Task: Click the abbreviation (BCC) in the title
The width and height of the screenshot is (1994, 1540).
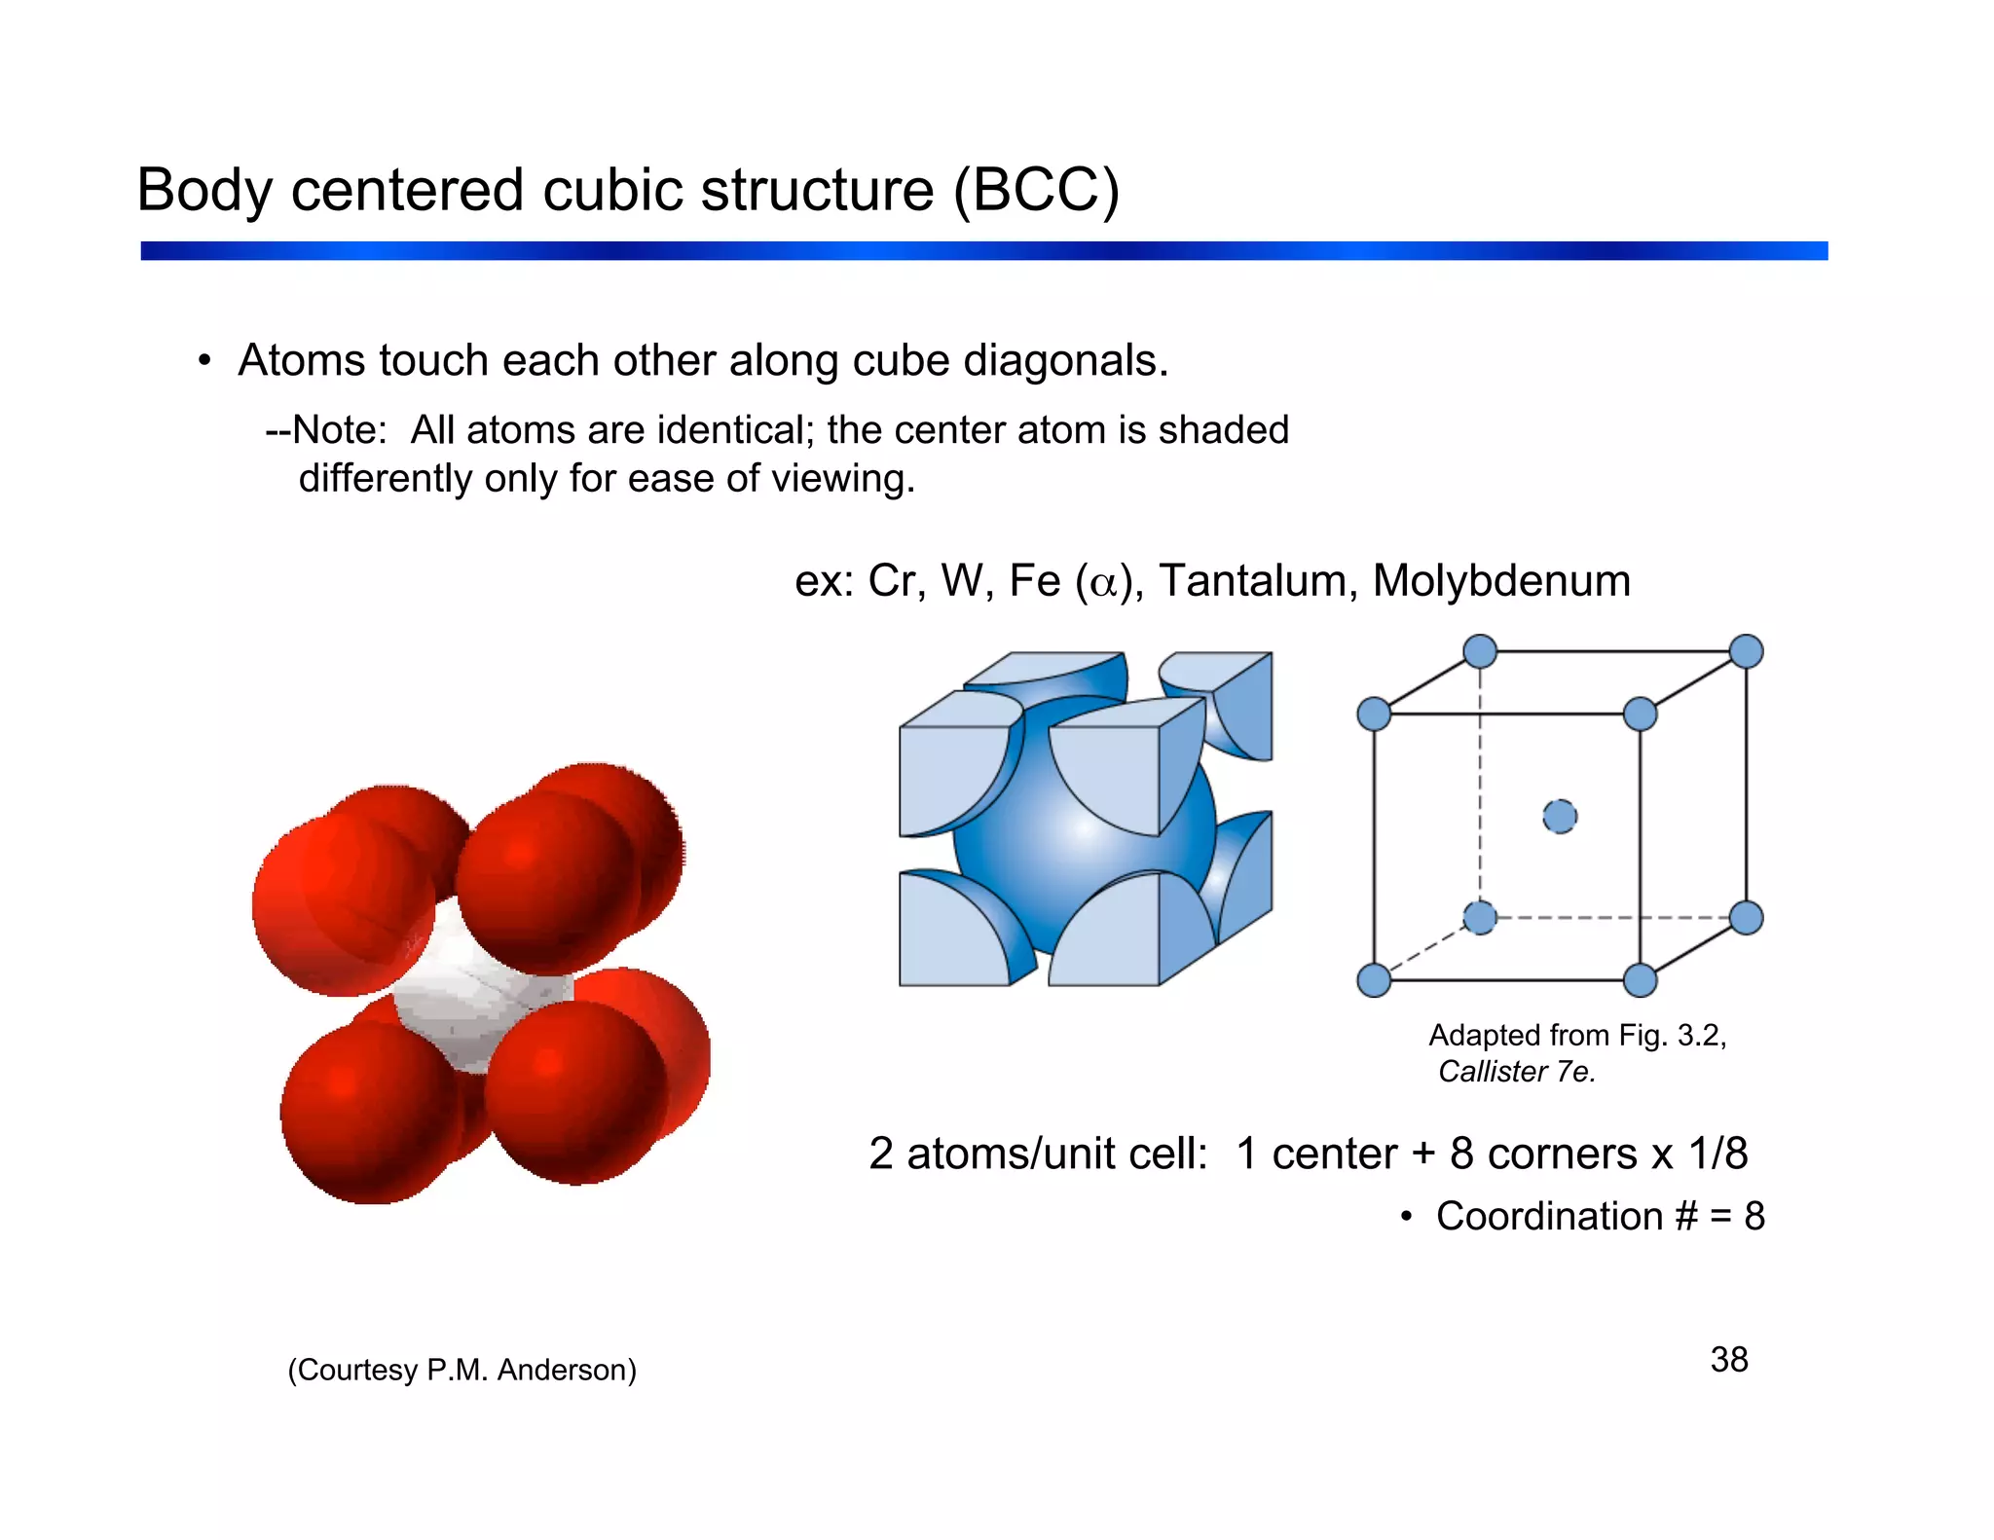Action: (1036, 190)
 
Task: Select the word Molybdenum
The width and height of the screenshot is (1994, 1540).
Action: (1500, 581)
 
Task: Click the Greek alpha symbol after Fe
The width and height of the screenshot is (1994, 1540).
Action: (1103, 583)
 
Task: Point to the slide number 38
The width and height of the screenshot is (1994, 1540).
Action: (1728, 1360)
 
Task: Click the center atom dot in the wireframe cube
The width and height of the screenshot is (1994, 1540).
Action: (1560, 816)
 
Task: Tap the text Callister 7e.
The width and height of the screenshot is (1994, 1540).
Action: (1516, 1072)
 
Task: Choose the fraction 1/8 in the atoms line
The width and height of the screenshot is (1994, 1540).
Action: (1717, 1154)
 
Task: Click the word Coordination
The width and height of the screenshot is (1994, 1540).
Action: (1549, 1217)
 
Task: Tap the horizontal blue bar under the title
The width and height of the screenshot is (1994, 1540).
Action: (983, 251)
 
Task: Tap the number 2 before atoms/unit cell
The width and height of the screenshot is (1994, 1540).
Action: (881, 1154)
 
